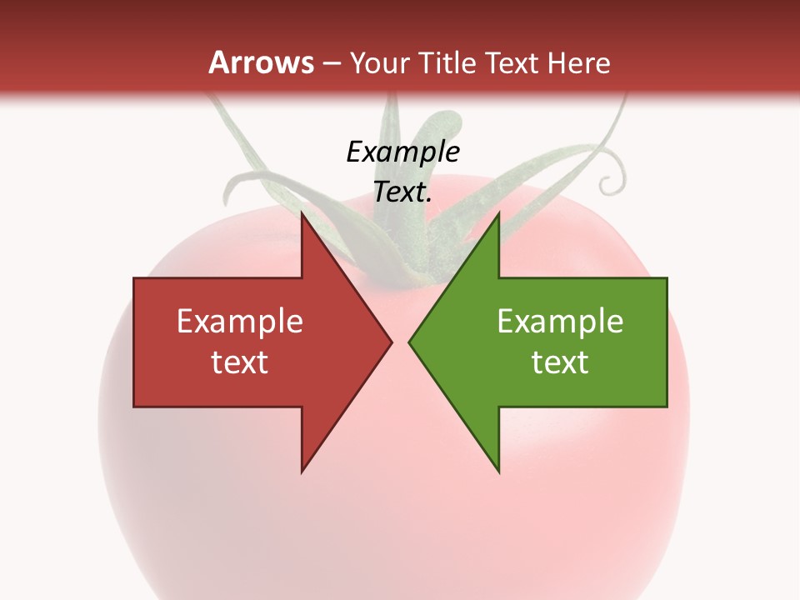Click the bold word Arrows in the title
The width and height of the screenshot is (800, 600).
pos(261,62)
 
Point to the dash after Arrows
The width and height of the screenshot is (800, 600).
pos(331,63)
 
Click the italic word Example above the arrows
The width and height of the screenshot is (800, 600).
pos(402,152)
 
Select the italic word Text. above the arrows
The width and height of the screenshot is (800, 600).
pos(402,192)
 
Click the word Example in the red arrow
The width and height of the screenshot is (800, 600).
pos(240,322)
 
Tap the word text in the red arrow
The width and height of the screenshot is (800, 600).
pos(240,362)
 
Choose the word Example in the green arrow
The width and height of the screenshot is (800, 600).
pos(560,322)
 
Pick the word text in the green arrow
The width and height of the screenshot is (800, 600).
pos(560,362)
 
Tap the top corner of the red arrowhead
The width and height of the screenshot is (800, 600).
pos(302,213)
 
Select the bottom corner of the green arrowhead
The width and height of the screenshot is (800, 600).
pos(498,472)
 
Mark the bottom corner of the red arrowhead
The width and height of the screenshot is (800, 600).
pos(302,472)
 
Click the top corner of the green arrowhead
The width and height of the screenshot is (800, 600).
pos(498,213)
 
